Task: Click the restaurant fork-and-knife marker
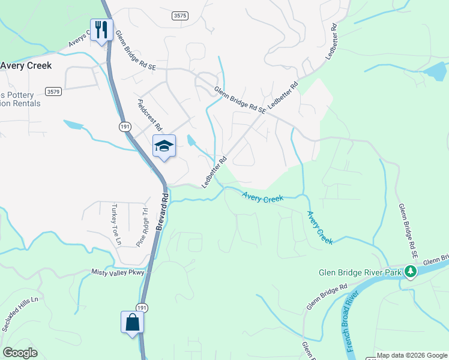pos(100,29)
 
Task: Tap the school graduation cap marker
pos(164,146)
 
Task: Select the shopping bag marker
pos(132,323)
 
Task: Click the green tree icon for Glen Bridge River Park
pos(411,271)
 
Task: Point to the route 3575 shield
pos(179,16)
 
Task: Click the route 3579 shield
pos(53,91)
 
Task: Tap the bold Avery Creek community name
pos(26,65)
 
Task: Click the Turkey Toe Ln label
pos(115,225)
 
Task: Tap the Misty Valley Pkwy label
pos(118,272)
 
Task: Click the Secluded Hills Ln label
pos(25,315)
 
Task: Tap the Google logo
pos(20,353)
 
